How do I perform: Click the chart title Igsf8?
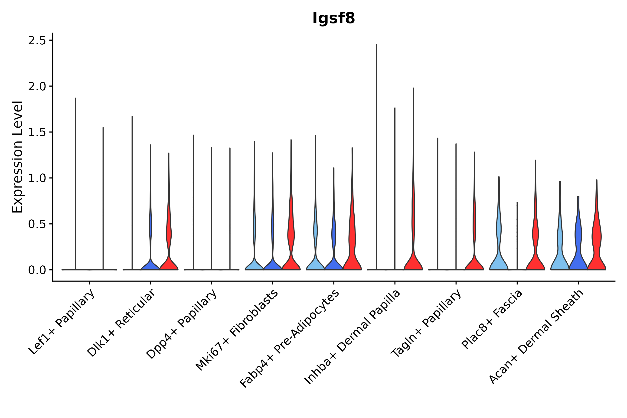(333, 18)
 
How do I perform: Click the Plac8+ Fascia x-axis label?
(492, 319)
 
